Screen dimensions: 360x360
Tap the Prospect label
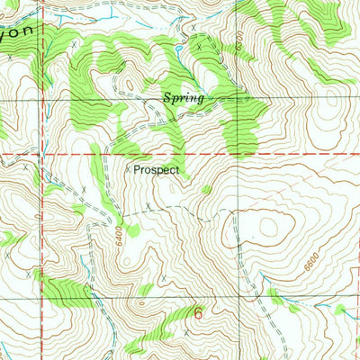tap(157, 168)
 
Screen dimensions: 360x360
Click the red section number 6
tap(198, 313)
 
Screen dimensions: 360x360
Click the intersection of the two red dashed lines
tap(239, 154)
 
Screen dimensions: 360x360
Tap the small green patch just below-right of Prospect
tap(207, 189)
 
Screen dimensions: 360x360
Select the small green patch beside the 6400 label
tap(132, 230)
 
